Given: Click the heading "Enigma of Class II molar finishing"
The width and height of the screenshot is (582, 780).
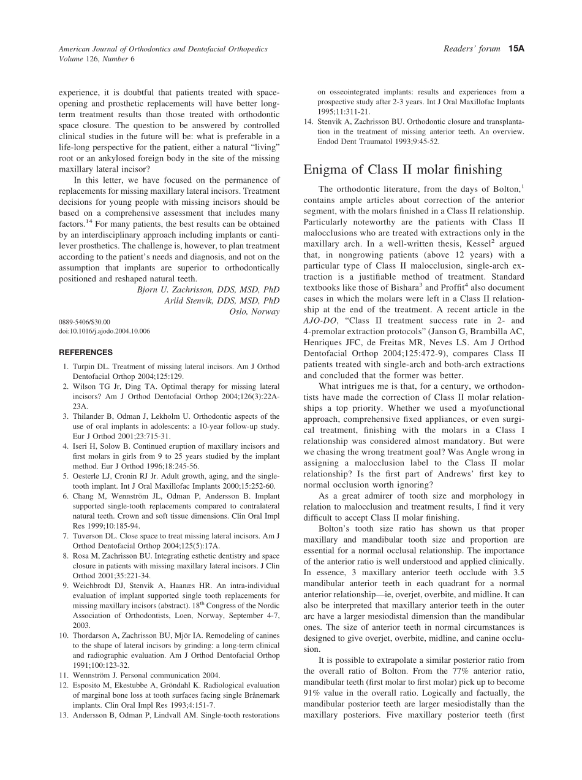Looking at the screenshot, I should coord(402,170).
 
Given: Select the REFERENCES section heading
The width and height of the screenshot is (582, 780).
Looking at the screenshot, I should coord(86,353).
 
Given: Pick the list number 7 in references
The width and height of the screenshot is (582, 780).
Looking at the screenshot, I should coord(66,535).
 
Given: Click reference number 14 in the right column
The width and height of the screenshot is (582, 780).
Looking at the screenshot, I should coord(309,121).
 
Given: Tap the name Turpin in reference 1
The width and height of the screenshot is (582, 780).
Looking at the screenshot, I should coord(86,367).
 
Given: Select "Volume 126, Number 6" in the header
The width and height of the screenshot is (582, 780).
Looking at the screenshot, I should coord(96,59).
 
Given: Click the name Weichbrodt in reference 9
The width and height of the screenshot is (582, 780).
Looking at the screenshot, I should coord(94,586).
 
